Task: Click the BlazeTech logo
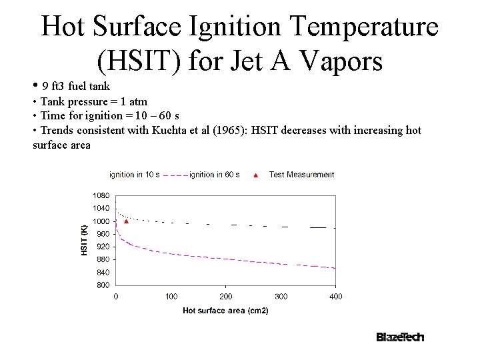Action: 400,337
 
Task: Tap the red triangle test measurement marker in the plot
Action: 126,221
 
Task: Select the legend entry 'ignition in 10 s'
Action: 134,175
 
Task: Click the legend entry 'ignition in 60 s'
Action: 214,175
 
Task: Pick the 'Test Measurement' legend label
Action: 301,175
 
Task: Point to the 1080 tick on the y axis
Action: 101,196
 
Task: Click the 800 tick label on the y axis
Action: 102,285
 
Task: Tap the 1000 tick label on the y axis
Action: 101,221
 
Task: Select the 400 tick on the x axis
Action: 336,297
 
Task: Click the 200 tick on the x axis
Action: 226,297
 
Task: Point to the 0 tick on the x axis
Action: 116,297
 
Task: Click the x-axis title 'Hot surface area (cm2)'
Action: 225,311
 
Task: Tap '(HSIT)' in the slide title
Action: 139,61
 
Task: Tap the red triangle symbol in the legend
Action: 256,175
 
